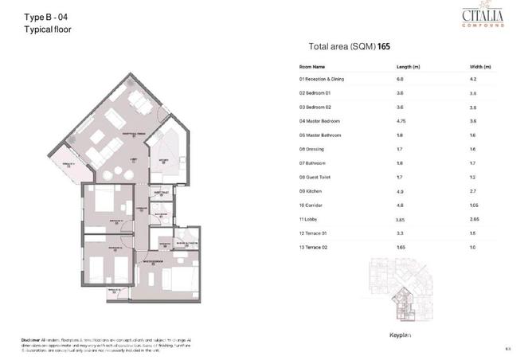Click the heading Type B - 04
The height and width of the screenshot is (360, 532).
46,17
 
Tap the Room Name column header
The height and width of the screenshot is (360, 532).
312,67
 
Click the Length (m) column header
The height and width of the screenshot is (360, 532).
408,67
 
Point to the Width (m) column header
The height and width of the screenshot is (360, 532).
481,67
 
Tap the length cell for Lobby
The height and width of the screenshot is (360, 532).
401,218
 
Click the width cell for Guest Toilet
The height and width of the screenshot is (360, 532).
475,176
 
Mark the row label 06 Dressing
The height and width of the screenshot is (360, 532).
311,148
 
